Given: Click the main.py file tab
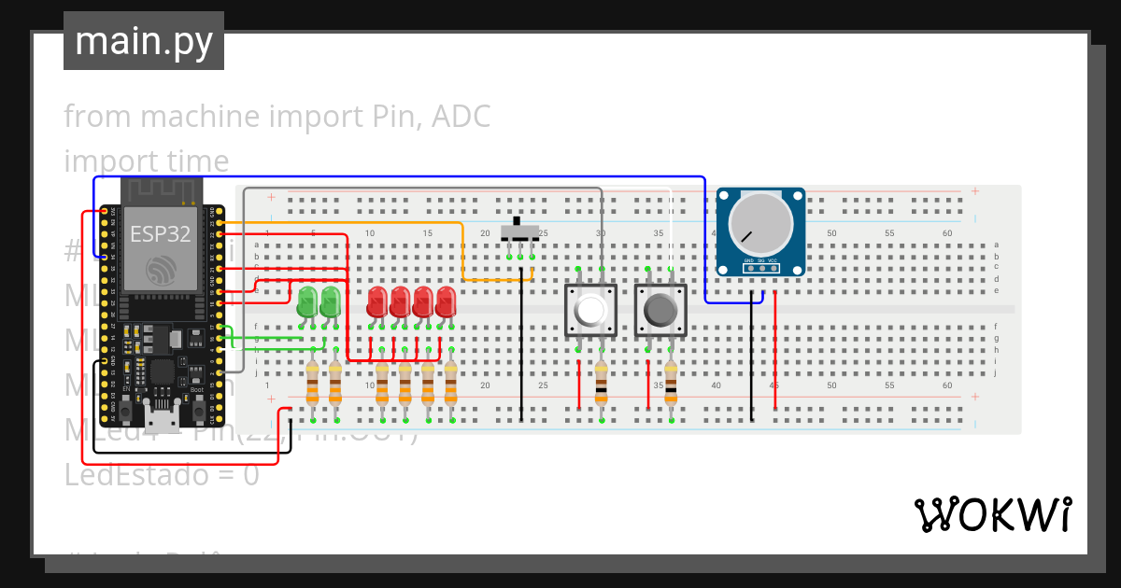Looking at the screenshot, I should click(x=143, y=41).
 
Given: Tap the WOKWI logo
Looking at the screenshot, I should click(x=992, y=514).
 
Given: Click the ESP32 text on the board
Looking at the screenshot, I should click(x=160, y=233).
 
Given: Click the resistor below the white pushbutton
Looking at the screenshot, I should click(x=601, y=384).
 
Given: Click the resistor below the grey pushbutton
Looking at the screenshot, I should click(x=671, y=384).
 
